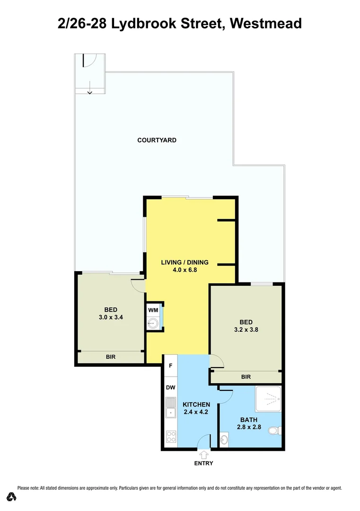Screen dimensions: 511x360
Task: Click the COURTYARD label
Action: (x=157, y=140)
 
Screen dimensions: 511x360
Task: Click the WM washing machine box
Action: (x=153, y=310)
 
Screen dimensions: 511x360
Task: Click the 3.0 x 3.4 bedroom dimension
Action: (x=111, y=317)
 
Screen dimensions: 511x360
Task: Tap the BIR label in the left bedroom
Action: (x=111, y=357)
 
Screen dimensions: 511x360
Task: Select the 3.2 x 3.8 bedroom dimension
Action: (x=246, y=330)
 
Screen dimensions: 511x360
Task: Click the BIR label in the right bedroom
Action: (x=246, y=377)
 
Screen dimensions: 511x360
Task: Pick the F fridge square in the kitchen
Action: (x=171, y=366)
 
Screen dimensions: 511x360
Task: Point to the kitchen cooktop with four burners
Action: (x=171, y=438)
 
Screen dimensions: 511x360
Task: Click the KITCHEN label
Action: (x=196, y=405)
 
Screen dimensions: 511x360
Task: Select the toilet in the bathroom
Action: (x=273, y=431)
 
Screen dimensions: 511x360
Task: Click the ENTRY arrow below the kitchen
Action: (x=204, y=455)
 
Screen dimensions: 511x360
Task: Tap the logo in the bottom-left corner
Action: (x=12, y=497)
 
